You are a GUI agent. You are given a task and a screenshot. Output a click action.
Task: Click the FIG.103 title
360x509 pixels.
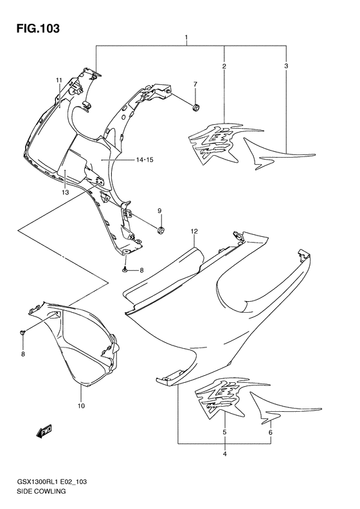[x=39, y=28]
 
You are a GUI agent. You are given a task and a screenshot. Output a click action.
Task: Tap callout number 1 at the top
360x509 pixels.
[x=186, y=37]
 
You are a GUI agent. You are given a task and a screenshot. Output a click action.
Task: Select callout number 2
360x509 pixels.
[x=224, y=66]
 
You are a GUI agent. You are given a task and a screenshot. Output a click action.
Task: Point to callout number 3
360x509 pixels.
[x=286, y=66]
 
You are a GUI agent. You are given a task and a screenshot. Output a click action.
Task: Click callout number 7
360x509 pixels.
[x=195, y=84]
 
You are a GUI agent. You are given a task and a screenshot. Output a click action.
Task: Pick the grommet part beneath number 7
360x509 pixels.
[x=196, y=107]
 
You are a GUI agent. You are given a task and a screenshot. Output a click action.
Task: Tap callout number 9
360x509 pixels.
[x=159, y=211]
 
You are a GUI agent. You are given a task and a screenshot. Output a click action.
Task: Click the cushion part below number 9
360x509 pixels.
[x=161, y=231]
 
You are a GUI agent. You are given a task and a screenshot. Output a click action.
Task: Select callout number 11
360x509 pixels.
[x=59, y=80]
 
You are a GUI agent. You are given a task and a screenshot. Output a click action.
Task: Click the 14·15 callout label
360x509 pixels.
[x=145, y=160]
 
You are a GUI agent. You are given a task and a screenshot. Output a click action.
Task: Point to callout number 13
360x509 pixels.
[x=65, y=192]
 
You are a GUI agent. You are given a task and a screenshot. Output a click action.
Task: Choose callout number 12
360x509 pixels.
[x=194, y=232]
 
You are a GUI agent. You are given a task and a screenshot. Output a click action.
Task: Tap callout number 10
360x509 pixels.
[x=81, y=406]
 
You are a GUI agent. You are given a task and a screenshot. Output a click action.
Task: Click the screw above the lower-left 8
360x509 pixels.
[x=22, y=332]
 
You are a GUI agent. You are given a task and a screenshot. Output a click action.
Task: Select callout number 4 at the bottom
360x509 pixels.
[x=224, y=454]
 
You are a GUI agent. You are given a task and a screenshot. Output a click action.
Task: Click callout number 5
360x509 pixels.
[x=224, y=432]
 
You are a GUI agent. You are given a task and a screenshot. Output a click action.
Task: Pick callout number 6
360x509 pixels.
[x=271, y=432]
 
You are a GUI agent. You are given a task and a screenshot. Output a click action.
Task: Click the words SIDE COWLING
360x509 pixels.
[x=41, y=491]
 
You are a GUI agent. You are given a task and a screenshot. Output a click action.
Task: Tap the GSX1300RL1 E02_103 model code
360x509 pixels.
[x=51, y=482]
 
